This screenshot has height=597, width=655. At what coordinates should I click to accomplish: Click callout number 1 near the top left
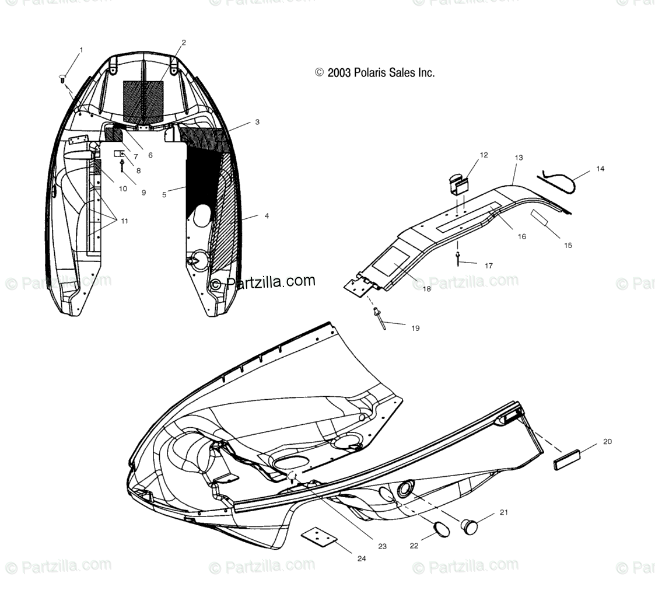coord(81,50)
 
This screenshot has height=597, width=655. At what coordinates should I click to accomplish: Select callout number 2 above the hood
coord(184,43)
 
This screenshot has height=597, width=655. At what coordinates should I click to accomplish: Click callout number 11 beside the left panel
coord(124,221)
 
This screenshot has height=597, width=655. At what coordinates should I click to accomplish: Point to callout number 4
coord(267,216)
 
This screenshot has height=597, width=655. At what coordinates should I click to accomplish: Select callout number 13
coord(519,158)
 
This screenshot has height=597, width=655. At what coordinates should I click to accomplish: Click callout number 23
coord(382,547)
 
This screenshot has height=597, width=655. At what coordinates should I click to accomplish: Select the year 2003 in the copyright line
coord(339,73)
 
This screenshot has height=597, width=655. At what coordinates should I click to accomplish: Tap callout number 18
coord(427,289)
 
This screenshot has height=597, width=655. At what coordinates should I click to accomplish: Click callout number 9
coord(143,192)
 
